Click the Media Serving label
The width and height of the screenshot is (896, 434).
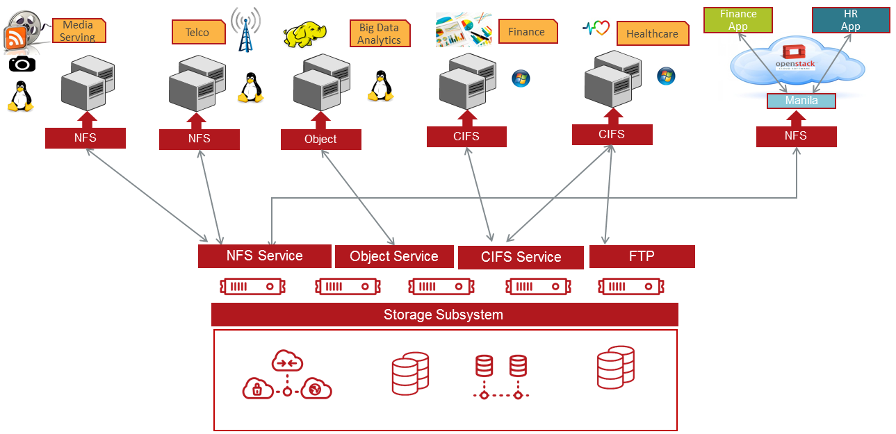pyautogui.click(x=79, y=31)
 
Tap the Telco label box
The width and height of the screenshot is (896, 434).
pyautogui.click(x=198, y=32)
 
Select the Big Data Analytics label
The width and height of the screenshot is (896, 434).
pyautogui.click(x=380, y=34)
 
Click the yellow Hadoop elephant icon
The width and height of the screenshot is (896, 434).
pyautogui.click(x=304, y=35)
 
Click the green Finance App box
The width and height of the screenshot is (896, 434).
pyautogui.click(x=738, y=20)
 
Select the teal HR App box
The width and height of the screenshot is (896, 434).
pyautogui.click(x=850, y=20)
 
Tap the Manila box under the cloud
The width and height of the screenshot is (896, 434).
pyautogui.click(x=801, y=101)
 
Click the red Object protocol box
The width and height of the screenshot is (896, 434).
pyautogui.click(x=320, y=140)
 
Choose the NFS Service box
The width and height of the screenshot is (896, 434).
pyautogui.click(x=264, y=256)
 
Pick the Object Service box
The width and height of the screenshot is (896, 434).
pyautogui.click(x=393, y=257)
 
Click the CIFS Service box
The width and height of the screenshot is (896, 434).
pyautogui.click(x=521, y=258)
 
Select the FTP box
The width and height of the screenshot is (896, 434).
pyautogui.click(x=641, y=256)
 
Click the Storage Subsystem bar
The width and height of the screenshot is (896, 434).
pyautogui.click(x=444, y=315)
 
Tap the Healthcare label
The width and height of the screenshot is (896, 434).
pyautogui.click(x=652, y=34)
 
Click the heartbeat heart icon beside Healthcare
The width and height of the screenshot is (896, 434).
pyautogui.click(x=596, y=28)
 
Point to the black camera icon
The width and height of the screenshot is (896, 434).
pyautogui.click(x=22, y=64)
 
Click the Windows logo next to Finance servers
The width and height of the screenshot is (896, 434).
pyautogui.click(x=521, y=78)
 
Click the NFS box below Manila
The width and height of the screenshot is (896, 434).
pyautogui.click(x=796, y=136)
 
